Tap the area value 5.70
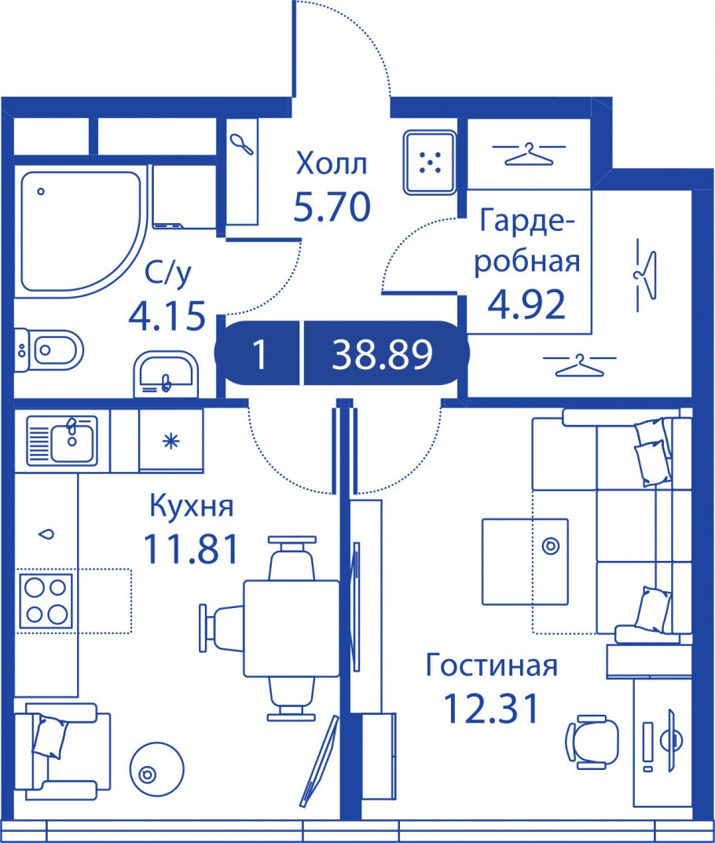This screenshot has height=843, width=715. [332, 207]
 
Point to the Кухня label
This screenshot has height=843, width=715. [192, 506]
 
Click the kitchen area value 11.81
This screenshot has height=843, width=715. [191, 549]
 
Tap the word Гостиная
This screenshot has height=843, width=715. [491, 665]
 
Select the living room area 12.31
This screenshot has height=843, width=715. [492, 708]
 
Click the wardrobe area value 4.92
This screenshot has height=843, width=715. [526, 304]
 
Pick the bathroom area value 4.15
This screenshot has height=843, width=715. [167, 315]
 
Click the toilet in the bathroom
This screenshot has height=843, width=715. [49, 350]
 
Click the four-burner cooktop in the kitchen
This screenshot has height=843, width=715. [46, 601]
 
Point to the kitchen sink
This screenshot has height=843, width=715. [62, 440]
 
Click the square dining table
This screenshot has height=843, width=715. [292, 628]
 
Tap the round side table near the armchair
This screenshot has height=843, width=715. [157, 774]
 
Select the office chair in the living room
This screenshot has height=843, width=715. [592, 742]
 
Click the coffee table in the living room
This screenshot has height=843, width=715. [525, 561]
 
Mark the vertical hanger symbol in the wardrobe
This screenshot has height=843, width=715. [644, 275]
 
